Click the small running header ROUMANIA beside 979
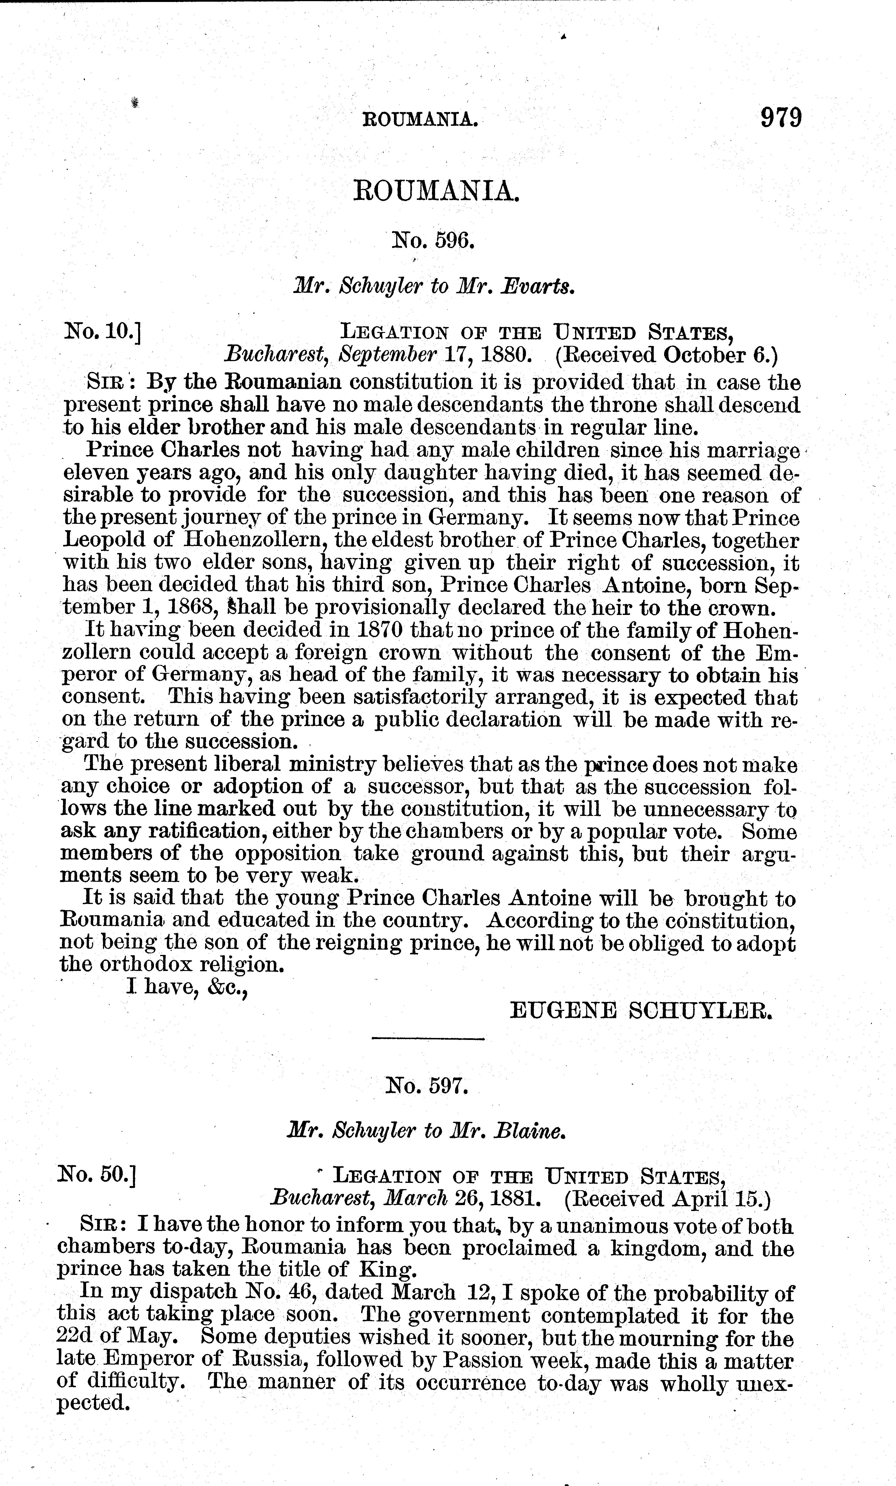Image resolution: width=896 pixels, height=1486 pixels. point(420,119)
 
